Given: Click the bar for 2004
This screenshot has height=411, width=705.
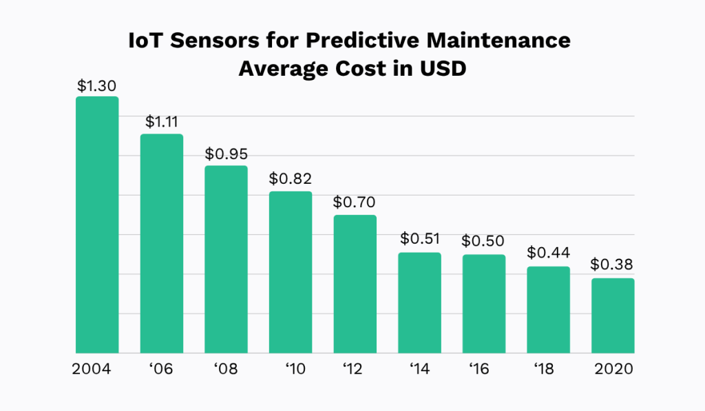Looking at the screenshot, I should tap(97, 225).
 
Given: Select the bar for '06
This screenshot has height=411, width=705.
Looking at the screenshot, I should tap(162, 244).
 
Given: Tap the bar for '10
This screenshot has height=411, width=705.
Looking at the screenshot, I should tap(291, 273).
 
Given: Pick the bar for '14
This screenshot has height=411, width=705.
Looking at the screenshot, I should tap(419, 303).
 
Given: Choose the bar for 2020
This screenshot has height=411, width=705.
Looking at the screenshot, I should tap(613, 316).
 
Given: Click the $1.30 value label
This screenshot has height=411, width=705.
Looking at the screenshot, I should tap(97, 86).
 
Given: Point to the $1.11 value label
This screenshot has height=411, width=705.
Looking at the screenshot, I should tap(162, 123).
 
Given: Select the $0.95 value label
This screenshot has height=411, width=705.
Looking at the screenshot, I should tap(226, 154).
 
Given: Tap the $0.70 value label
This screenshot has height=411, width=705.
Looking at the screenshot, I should tap(355, 203).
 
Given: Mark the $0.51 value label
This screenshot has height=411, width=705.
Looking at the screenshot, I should tap(420, 240).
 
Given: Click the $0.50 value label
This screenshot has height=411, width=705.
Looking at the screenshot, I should tap(483, 242).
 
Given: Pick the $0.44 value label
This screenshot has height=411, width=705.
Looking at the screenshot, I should tap(549, 253).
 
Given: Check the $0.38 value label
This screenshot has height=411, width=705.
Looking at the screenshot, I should tap(613, 265).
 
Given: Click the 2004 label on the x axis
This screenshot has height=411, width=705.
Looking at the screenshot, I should tap(92, 369).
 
